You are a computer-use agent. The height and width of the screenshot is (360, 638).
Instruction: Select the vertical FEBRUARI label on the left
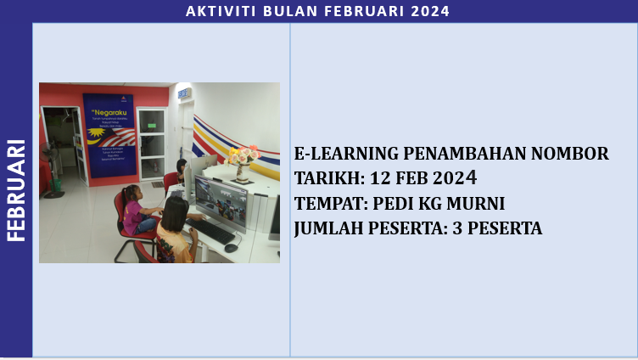(16, 190)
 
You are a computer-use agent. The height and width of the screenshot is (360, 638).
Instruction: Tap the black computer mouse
(230, 247)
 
